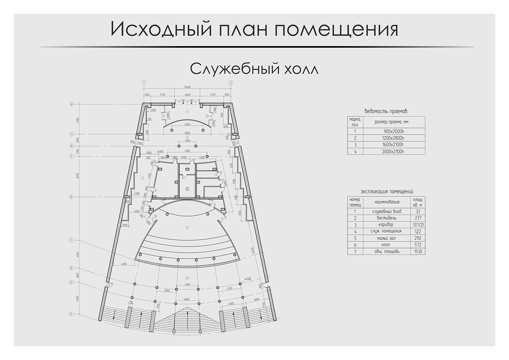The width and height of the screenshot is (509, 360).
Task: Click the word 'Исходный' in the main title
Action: (x=161, y=29)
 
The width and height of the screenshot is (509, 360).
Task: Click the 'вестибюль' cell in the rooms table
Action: (x=387, y=218)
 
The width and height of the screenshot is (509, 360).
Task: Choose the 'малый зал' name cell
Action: (x=387, y=238)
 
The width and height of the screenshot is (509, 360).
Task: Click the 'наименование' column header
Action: (x=387, y=202)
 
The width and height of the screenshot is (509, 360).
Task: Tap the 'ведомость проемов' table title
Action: (x=386, y=111)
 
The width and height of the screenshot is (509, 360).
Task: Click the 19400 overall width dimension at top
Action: (x=187, y=87)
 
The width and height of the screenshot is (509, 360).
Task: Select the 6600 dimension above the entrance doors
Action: (x=187, y=95)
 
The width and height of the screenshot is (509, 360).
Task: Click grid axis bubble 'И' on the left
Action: (x=72, y=104)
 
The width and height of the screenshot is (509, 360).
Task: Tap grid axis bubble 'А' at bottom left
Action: (x=72, y=314)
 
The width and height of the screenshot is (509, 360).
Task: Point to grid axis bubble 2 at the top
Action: (x=231, y=83)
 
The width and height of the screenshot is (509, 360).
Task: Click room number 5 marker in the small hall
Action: (x=187, y=228)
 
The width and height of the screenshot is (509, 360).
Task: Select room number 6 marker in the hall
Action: (x=187, y=277)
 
